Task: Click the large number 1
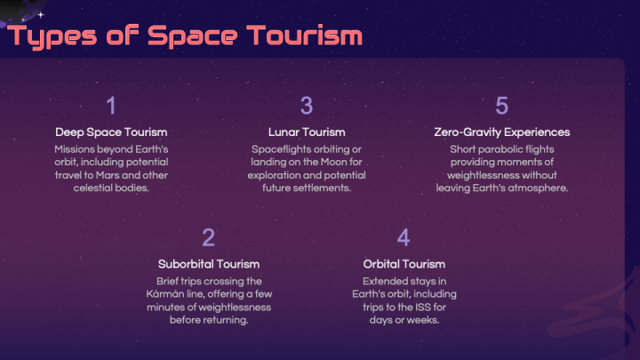(x=111, y=105)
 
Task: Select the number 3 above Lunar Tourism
(x=307, y=105)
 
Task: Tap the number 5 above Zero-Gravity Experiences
(x=501, y=105)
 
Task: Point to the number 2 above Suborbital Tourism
(x=209, y=237)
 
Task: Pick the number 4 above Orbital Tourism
(x=404, y=237)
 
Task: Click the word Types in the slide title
(x=52, y=36)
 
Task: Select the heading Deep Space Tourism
(x=111, y=132)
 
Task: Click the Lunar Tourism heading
(x=307, y=132)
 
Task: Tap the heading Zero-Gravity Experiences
(x=501, y=132)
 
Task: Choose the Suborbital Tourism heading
(x=209, y=264)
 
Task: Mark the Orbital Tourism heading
(x=404, y=264)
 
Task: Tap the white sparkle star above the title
(x=41, y=15)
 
